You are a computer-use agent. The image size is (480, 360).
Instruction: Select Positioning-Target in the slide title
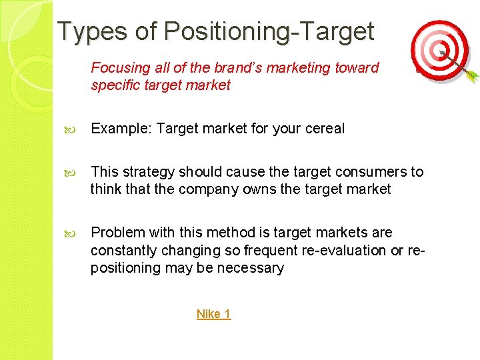click(x=269, y=31)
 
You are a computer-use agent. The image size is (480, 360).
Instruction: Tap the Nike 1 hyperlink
click(x=213, y=314)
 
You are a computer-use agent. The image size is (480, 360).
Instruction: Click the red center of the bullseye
click(x=439, y=51)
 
